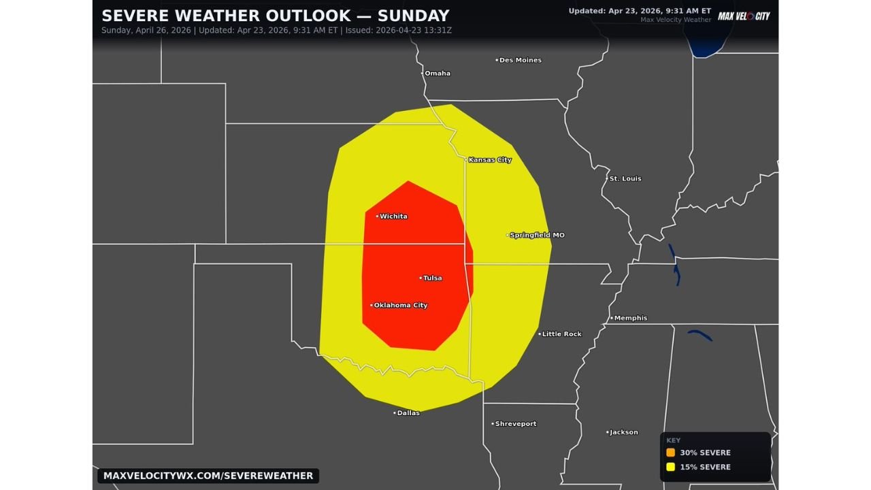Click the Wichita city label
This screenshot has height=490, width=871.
(393, 216)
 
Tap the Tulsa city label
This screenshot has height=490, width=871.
(433, 278)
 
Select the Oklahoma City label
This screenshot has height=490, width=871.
(401, 306)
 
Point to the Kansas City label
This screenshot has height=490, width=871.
(490, 160)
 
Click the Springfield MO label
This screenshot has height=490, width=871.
(537, 235)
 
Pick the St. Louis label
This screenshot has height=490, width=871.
(625, 179)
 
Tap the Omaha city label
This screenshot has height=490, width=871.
(438, 73)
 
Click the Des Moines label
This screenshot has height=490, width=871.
(521, 61)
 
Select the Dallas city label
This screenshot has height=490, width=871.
(408, 413)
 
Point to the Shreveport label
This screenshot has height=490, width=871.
(516, 424)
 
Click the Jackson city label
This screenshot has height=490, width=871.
(624, 432)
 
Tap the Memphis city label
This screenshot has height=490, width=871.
(631, 318)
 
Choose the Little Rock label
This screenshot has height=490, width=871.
(562, 334)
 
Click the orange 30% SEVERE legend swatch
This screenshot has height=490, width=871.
(670, 453)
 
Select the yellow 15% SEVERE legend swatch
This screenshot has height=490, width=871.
(670, 467)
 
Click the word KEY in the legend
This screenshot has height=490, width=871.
(673, 440)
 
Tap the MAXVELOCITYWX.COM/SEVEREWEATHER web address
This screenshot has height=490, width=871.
(208, 476)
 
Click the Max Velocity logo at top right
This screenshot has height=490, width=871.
(744, 16)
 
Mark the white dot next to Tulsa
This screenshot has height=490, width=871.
(421, 278)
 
